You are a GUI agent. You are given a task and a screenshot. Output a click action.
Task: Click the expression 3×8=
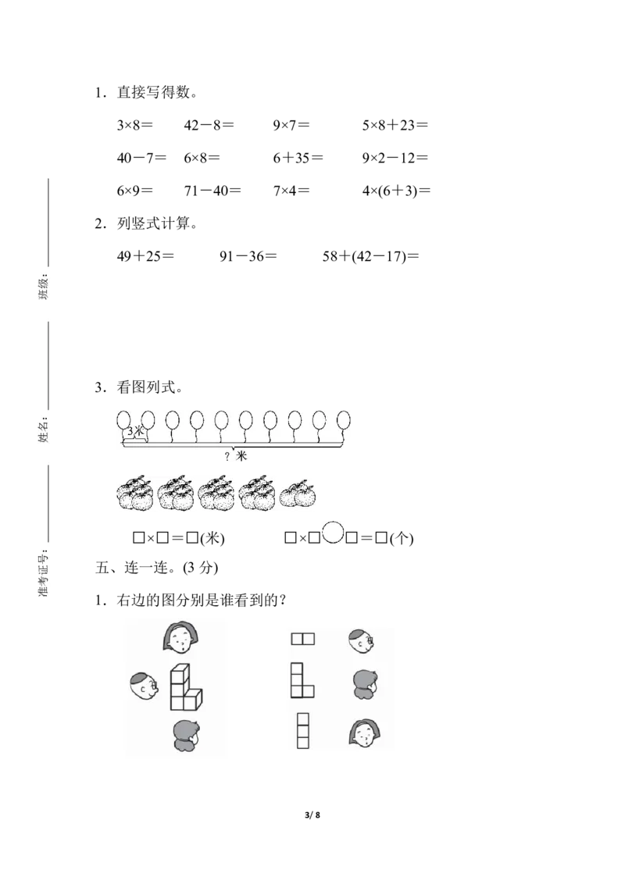pyautogui.click(x=135, y=125)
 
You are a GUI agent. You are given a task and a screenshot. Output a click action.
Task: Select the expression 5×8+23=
pyautogui.click(x=395, y=125)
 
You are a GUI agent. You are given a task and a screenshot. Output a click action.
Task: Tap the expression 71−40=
pyautogui.click(x=212, y=191)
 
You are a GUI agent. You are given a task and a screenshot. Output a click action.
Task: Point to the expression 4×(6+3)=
pyautogui.click(x=396, y=191)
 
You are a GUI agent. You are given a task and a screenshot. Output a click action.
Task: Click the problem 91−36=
pyautogui.click(x=248, y=256)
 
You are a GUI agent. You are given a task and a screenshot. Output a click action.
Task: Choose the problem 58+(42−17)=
pyautogui.click(x=370, y=256)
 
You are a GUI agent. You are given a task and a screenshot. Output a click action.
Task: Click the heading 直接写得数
pyautogui.click(x=153, y=92)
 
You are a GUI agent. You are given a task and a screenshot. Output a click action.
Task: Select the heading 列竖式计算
pyautogui.click(x=153, y=224)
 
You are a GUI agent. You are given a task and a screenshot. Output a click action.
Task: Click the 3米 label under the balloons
pyautogui.click(x=135, y=431)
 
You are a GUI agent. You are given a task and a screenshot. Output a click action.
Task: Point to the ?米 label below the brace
pyautogui.click(x=236, y=455)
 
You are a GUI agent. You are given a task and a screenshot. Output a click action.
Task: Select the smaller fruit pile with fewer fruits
pyautogui.click(x=298, y=494)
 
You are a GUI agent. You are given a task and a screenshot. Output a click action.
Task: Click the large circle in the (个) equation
pyautogui.click(x=333, y=533)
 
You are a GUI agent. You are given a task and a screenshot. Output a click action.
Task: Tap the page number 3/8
pyautogui.click(x=312, y=814)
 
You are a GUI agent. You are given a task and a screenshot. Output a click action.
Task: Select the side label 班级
pyautogui.click(x=44, y=287)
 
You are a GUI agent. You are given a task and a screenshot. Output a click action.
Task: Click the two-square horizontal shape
pyautogui.click(x=303, y=639)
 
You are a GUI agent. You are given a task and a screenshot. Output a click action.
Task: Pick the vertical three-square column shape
pyautogui.click(x=303, y=731)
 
